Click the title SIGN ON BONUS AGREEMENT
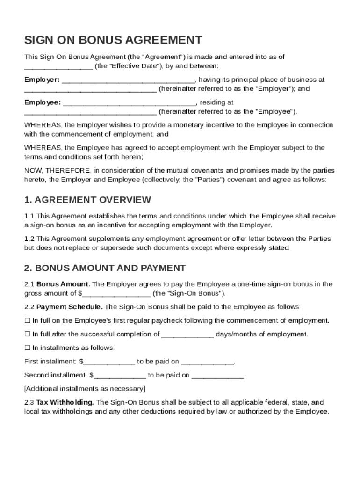click(113, 40)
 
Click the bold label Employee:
click(43, 102)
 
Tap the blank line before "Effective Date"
click(58, 66)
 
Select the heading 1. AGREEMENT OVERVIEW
click(87, 200)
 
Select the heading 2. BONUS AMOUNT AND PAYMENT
click(105, 268)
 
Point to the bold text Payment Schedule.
click(70, 307)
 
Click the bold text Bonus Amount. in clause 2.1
click(64, 284)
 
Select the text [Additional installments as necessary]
click(85, 389)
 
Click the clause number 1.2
click(29, 239)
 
